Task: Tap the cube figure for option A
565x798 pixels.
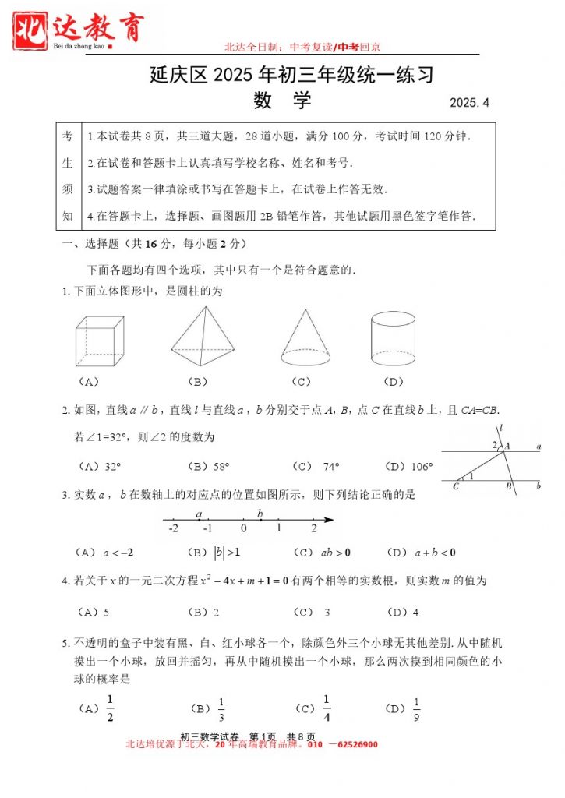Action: [x=100, y=341]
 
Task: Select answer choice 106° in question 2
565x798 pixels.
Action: [x=421, y=467]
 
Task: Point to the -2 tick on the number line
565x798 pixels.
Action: [x=172, y=528]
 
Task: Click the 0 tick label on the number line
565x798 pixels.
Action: [x=243, y=528]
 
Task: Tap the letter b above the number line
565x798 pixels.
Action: [x=260, y=512]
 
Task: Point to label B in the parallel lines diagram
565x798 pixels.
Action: [x=507, y=487]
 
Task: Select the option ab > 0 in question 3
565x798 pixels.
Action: [x=335, y=553]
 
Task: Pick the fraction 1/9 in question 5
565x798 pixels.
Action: [x=416, y=708]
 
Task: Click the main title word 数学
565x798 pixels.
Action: [x=282, y=101]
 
